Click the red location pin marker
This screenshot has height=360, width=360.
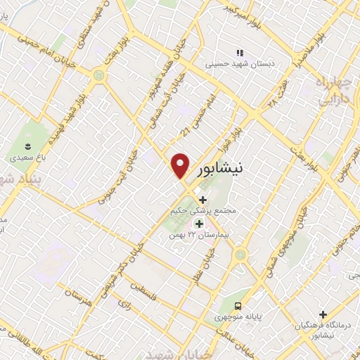click(x=181, y=165)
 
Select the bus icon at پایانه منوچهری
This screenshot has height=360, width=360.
click(x=239, y=306)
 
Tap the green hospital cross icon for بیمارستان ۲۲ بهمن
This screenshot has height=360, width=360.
click(x=199, y=224)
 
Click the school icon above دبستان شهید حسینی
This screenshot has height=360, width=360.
click(x=240, y=53)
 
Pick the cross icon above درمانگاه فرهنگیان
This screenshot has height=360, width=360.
click(x=323, y=314)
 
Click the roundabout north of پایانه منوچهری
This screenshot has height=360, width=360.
click(x=242, y=254)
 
